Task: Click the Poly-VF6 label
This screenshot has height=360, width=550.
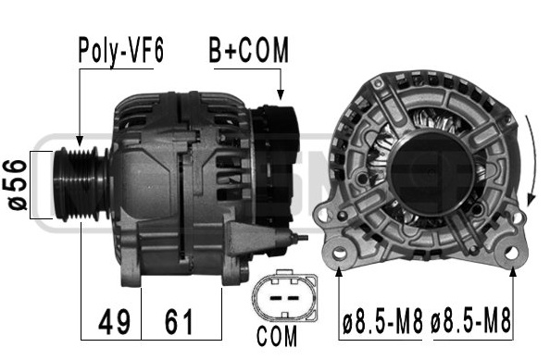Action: tap(120, 51)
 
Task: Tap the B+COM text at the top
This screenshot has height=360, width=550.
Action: tap(249, 50)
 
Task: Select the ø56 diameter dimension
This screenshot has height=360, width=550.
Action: tap(17, 185)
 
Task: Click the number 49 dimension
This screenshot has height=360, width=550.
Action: tap(114, 322)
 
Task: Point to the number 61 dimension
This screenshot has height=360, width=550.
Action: tap(179, 322)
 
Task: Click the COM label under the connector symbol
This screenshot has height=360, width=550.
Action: tap(277, 337)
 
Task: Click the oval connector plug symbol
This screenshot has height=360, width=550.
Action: tap(284, 296)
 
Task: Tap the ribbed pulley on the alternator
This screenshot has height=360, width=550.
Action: tap(81, 184)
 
